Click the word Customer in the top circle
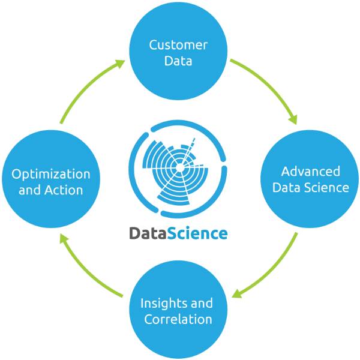178,45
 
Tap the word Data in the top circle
178,61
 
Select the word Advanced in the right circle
310,172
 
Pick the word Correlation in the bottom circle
178,319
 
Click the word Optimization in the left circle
51,175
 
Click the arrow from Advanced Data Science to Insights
273,270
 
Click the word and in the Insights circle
202,302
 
